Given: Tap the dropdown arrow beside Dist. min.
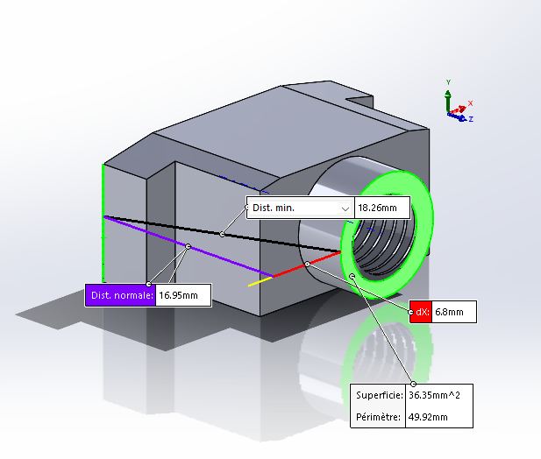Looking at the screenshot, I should click(345, 208).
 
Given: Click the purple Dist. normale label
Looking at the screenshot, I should click(120, 295).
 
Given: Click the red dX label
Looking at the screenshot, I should click(421, 311).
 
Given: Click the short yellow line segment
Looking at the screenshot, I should click(260, 281).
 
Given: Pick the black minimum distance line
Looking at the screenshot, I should click(175, 227).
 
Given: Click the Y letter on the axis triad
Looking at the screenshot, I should click(448, 81).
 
